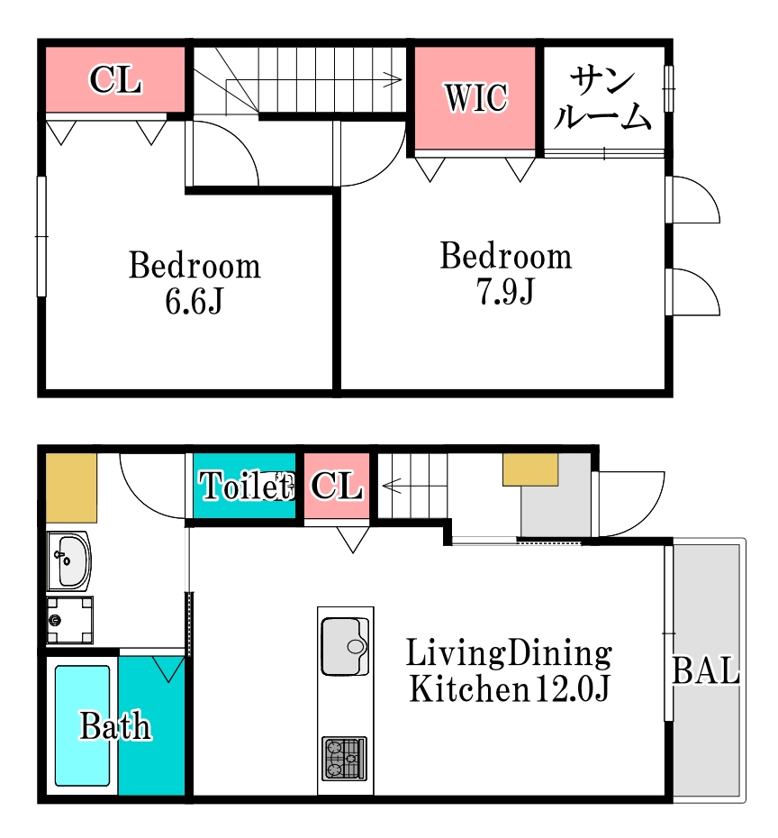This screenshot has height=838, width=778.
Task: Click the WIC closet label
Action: tap(475, 98)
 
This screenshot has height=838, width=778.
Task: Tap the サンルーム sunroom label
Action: tap(602, 99)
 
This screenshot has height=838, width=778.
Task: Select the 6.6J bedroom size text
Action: tap(194, 302)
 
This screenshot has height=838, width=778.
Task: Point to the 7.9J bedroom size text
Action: tap(505, 292)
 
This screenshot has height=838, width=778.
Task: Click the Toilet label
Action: tap(246, 486)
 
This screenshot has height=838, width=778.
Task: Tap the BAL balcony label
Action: tap(705, 670)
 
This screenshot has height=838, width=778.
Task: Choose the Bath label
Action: tap(115, 725)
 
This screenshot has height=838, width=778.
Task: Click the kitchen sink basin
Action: tap(345, 647)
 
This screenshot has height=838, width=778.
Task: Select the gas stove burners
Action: tap(344, 759)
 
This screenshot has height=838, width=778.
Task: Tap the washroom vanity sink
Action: tap(69, 561)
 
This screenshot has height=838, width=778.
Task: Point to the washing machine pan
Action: tap(70, 620)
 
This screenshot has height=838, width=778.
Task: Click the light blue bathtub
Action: tap(83, 725)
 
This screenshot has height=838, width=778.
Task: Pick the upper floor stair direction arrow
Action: tap(313, 80)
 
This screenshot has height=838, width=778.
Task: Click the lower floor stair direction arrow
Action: tap(415, 486)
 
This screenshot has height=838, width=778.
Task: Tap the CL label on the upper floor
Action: tap(115, 80)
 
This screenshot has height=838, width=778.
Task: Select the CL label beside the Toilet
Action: tap(337, 486)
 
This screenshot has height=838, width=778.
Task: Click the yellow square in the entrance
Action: tap(530, 469)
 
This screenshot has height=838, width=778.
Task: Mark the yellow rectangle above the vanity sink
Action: tap(71, 488)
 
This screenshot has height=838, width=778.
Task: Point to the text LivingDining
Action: tap(509, 653)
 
